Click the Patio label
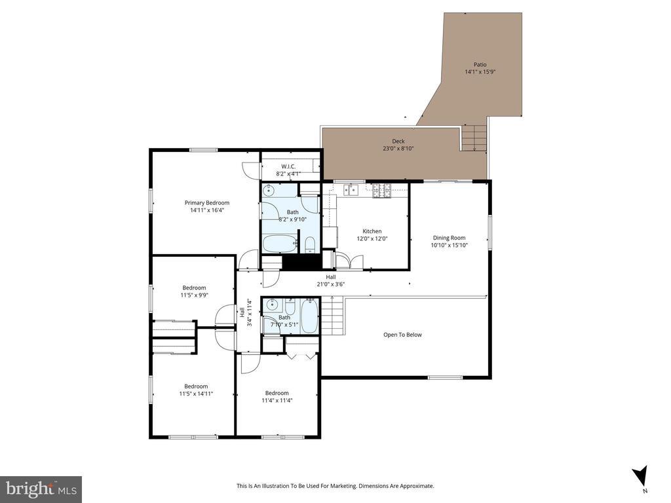tap(480, 65)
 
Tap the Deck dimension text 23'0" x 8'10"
tap(398, 149)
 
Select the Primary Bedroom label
tap(206, 203)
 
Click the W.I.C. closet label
tap(288, 166)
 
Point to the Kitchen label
tap(372, 231)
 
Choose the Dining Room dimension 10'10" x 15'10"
tap(449, 245)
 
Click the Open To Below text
tap(402, 335)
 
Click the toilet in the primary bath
tap(310, 245)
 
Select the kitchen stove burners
tap(382, 191)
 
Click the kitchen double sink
tap(351, 189)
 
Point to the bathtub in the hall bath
tap(309, 316)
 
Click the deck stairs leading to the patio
tap(474, 138)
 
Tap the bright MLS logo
tap(41, 489)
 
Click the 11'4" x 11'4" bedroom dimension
tap(277, 400)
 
